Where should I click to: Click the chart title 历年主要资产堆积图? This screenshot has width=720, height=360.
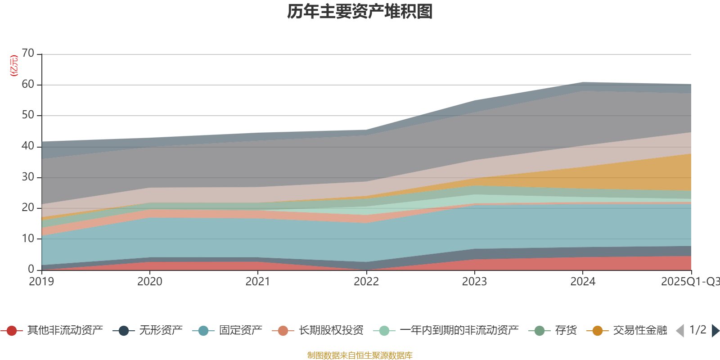(360, 12)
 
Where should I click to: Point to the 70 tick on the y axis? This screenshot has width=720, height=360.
(28, 54)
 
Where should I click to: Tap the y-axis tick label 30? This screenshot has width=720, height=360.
(28, 177)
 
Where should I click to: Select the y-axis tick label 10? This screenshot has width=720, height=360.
(28, 238)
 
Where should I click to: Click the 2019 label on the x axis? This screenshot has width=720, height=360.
(41, 282)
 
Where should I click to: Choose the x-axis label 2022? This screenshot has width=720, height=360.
(366, 282)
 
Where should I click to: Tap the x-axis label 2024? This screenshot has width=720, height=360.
(583, 282)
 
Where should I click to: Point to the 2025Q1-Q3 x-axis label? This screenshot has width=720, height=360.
(690, 282)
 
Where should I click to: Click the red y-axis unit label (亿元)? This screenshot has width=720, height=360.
(14, 66)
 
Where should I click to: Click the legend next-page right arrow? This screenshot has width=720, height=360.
(715, 331)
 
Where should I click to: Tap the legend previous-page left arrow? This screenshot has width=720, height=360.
(680, 331)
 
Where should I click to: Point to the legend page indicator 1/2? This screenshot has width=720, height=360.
(698, 330)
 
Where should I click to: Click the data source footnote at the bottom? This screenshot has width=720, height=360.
(360, 355)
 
